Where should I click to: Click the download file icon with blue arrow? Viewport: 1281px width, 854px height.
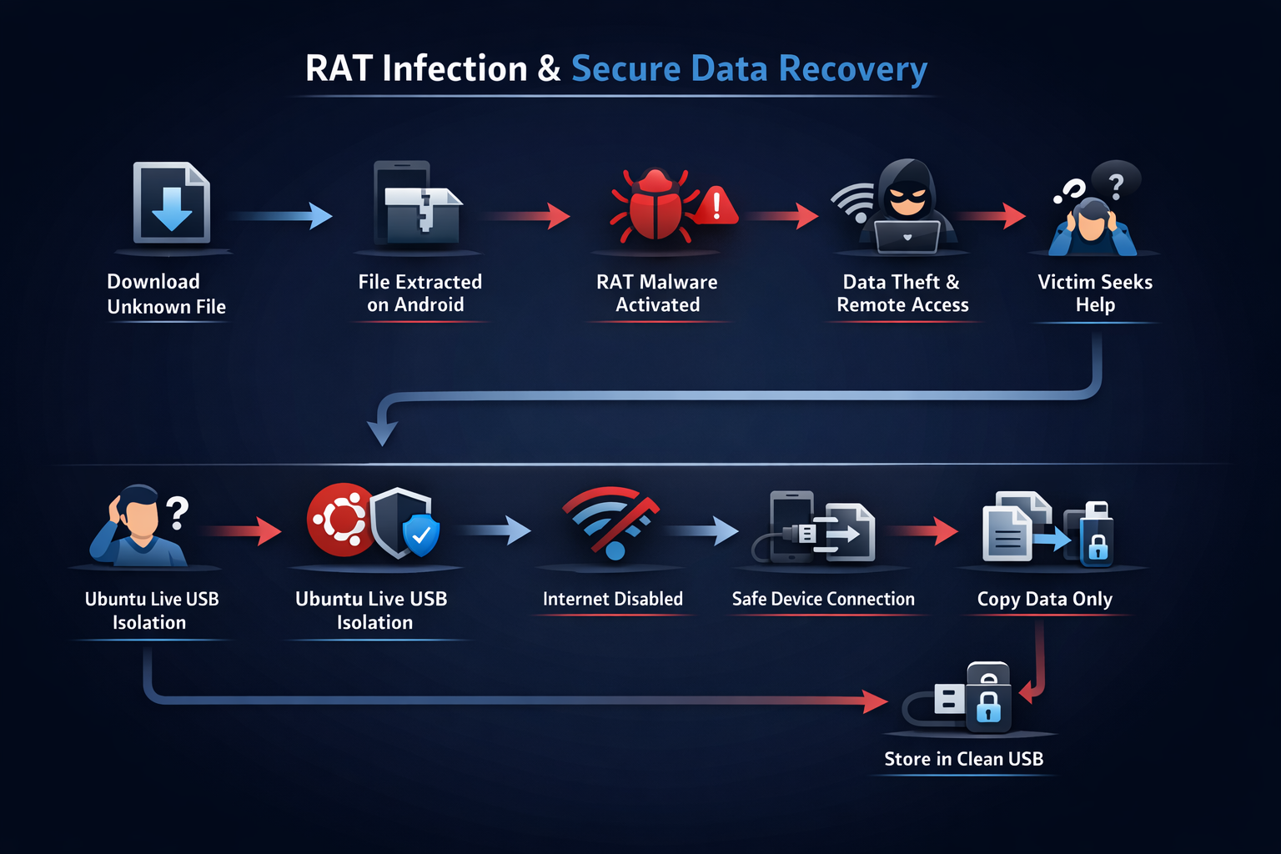point(172,203)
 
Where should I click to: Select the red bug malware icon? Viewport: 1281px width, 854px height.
point(656,207)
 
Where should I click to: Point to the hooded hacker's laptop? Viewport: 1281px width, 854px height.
point(907,237)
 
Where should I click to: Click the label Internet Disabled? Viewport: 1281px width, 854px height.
point(612,599)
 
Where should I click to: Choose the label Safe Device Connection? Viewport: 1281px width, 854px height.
point(823,599)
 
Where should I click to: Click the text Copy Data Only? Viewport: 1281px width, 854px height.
point(1044,599)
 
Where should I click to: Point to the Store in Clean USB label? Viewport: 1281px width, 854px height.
point(963,759)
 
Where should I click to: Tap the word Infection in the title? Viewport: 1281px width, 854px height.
point(455,68)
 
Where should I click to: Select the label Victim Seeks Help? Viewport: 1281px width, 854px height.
point(1095,293)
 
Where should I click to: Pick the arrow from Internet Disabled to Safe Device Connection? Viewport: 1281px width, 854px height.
point(702,530)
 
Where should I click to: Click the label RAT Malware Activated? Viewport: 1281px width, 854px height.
point(657,293)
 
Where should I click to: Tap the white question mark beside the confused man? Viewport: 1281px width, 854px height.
point(177,512)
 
